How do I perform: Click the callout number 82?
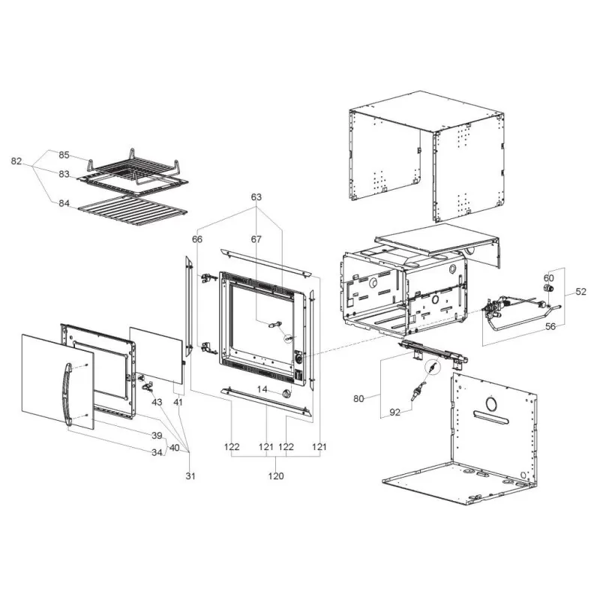point(16,161)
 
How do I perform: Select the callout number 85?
point(64,155)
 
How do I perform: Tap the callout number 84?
point(64,203)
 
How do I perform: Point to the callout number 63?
point(256,197)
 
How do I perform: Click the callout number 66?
point(197,239)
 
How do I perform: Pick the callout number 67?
point(256,239)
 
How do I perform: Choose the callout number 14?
point(262,389)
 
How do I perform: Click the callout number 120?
point(276,476)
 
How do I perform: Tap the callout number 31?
point(190,476)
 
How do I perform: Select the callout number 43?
point(157,403)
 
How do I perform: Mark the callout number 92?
point(395,412)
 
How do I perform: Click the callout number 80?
point(358,399)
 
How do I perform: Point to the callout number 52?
point(580,292)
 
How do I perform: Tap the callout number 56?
point(550,326)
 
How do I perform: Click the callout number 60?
point(549,277)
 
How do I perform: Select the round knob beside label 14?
point(286,393)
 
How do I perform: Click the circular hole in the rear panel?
point(490,403)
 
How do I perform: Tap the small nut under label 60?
point(547,288)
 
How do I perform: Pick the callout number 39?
point(157,436)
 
